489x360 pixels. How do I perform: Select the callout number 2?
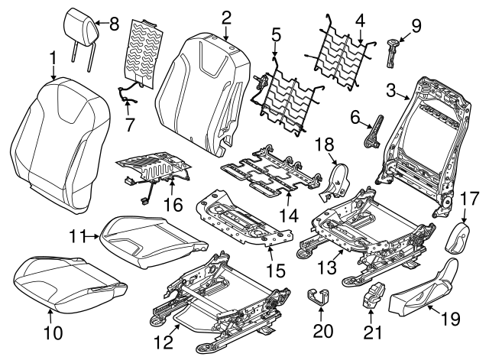click(226, 16)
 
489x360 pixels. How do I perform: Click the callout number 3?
click(391, 92)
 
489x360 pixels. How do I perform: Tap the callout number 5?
click(276, 34)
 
